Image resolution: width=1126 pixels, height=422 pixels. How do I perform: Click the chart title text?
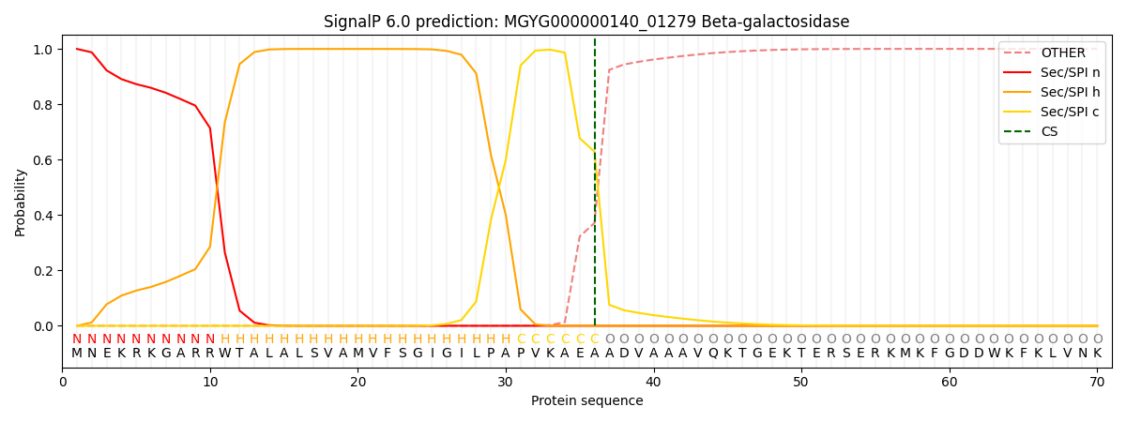tap(586, 22)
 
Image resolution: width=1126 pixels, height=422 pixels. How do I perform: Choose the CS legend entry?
tap(1049, 132)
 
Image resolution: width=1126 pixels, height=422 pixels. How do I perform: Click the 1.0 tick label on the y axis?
tap(42, 50)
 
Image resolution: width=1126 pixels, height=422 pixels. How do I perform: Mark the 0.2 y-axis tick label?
tap(42, 271)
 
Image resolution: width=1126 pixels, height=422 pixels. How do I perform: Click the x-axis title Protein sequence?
tap(586, 401)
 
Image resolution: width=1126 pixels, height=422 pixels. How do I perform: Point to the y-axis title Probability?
tap(21, 202)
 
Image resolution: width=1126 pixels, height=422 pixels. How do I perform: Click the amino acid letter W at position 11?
tap(224, 354)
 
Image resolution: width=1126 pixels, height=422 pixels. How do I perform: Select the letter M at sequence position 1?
tap(77, 354)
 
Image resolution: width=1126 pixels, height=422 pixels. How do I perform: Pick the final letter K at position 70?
tap(1097, 354)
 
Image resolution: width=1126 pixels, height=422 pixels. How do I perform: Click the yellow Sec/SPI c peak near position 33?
tap(550, 50)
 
